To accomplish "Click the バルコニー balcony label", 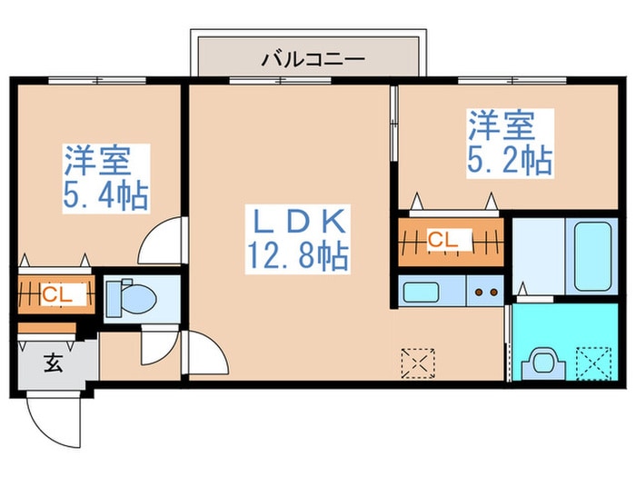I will click(313, 61).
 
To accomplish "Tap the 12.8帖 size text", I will click(295, 256).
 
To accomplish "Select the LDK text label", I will click(295, 222).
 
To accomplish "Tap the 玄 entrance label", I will click(53, 364).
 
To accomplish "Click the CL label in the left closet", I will click(53, 295).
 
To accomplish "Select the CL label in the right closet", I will click(443, 241).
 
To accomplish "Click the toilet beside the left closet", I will click(126, 296).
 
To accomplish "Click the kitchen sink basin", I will click(422, 293).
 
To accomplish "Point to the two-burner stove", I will click(484, 293).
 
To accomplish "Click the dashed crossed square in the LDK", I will click(417, 363).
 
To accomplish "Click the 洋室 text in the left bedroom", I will click(97, 161).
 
